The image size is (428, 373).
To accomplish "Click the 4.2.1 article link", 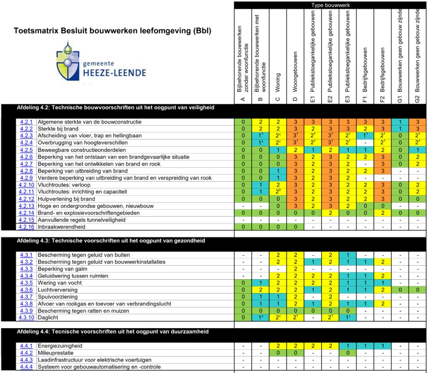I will [26, 122].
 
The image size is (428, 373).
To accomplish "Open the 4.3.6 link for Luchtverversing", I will [26, 289].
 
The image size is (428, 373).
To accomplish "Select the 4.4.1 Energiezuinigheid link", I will [26, 346].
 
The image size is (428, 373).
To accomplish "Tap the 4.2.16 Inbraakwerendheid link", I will [26, 227].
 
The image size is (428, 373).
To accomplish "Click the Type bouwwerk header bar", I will [330, 5].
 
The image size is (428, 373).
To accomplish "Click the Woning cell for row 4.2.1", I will [278, 122].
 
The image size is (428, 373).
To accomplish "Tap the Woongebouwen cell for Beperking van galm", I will [296, 269].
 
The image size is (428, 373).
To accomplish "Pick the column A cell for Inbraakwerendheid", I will [243, 227].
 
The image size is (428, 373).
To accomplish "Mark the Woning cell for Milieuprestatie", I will [278, 353].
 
